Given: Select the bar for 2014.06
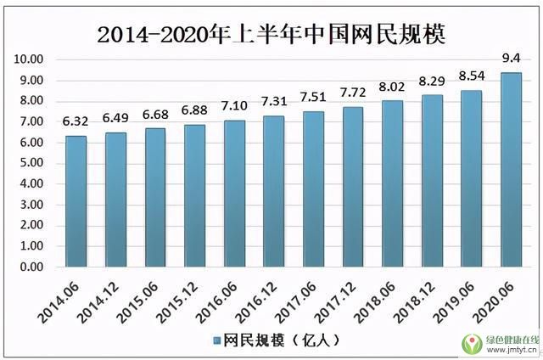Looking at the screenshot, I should coord(76,201).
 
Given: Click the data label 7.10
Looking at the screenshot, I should coord(234,107).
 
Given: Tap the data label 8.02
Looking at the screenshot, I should coord(392,87).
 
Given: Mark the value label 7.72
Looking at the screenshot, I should coord(353,93).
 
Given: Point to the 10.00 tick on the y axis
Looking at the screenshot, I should coord(29,59).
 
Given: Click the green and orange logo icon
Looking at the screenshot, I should coord(471,342).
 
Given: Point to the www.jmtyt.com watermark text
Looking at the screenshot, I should coord(511,349).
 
